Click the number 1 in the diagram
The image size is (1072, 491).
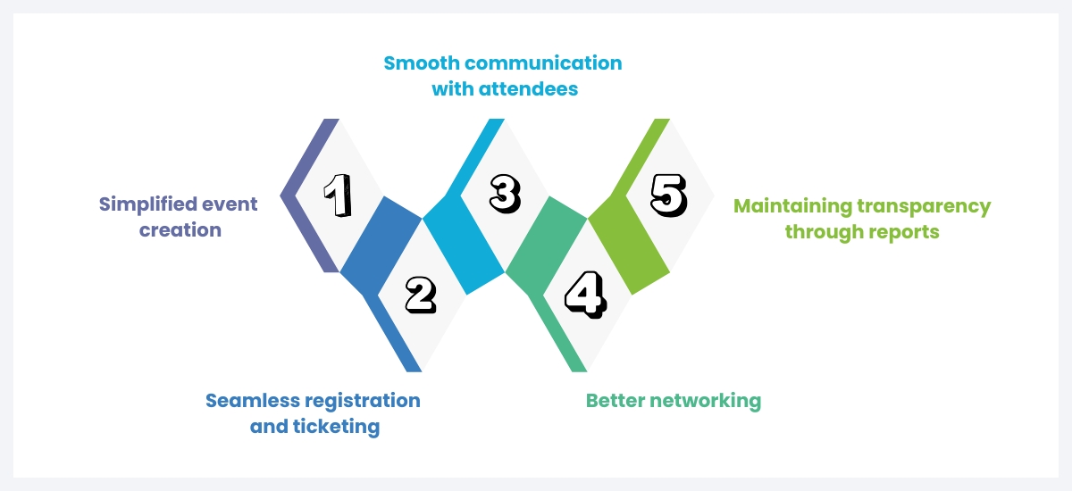[337, 196]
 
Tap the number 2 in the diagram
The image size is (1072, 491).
[420, 295]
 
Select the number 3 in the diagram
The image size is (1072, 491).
[503, 193]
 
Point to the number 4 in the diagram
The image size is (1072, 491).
[585, 295]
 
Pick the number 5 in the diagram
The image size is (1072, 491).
[668, 195]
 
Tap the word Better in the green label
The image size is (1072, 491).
[614, 400]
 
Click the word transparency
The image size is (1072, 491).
[924, 206]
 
